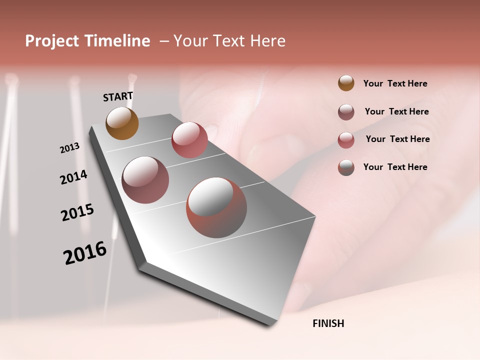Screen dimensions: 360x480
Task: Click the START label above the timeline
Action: pyautogui.click(x=118, y=96)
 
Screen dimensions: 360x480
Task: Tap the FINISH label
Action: pyautogui.click(x=328, y=323)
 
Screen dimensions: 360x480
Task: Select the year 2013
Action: pyautogui.click(x=69, y=148)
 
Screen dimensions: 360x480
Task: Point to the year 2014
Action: pyautogui.click(x=73, y=177)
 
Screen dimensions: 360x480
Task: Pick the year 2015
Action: pyautogui.click(x=77, y=212)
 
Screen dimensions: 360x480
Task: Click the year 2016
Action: pyautogui.click(x=85, y=253)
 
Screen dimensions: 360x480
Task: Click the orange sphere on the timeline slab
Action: pyautogui.click(x=122, y=123)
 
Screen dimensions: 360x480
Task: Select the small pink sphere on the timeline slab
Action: pyautogui.click(x=189, y=139)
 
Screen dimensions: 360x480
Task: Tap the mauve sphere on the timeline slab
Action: pyautogui.click(x=145, y=179)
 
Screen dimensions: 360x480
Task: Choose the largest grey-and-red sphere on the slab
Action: pyautogui.click(x=216, y=207)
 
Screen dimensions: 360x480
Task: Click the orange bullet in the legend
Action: pyautogui.click(x=346, y=83)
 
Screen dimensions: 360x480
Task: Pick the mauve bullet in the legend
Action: pyautogui.click(x=346, y=111)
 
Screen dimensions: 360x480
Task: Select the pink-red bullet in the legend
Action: pyautogui.click(x=346, y=139)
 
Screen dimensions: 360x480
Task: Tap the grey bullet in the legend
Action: pyautogui.click(x=346, y=167)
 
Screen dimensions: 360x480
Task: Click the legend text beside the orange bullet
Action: pyautogui.click(x=395, y=83)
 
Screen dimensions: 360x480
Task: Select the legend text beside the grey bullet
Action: pyautogui.click(x=395, y=167)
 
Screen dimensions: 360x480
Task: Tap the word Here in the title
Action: pyautogui.click(x=267, y=41)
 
